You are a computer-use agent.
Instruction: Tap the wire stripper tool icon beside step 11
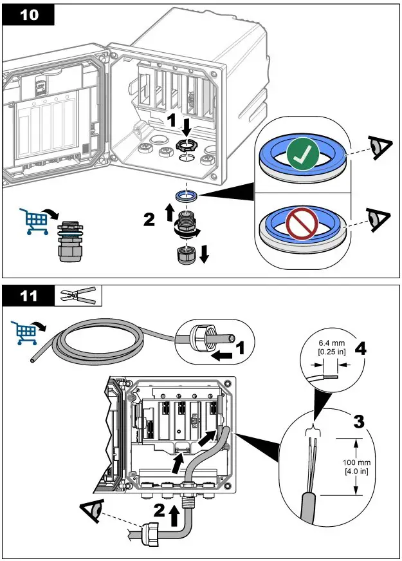(x=78, y=296)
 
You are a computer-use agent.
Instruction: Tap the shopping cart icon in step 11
(x=26, y=331)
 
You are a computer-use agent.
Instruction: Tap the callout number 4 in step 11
(x=361, y=349)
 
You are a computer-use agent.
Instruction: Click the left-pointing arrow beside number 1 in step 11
(x=223, y=352)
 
